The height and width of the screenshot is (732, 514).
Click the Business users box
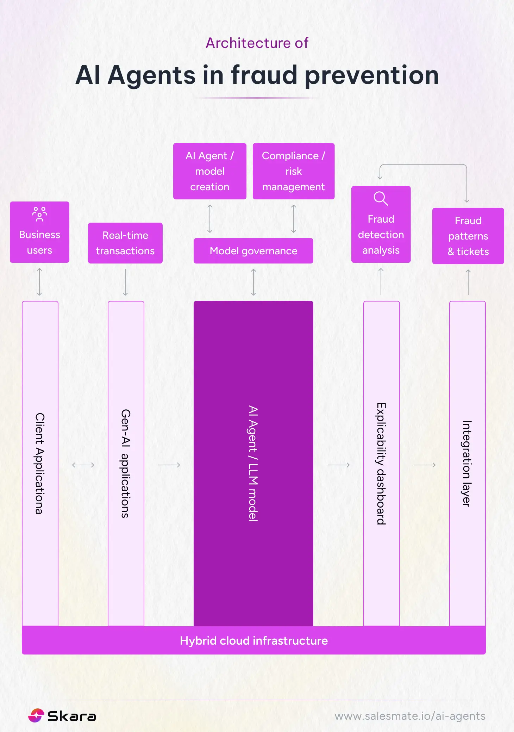39,232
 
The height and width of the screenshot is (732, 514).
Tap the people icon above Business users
39,214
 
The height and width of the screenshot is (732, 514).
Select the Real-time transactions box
125,243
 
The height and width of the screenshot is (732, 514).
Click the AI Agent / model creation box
210,171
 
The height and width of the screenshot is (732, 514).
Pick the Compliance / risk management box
294,171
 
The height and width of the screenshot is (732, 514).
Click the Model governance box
253,251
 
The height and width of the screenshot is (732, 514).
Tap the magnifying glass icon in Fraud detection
381,199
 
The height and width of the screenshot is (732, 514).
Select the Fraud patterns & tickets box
468,236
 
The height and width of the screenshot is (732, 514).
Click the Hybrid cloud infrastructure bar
253,640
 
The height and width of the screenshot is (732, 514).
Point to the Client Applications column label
40,463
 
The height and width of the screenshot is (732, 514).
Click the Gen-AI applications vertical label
126,463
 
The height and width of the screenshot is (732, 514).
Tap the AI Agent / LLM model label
253,463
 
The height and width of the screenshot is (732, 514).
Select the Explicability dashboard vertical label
381,463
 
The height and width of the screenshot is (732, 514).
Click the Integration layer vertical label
467,463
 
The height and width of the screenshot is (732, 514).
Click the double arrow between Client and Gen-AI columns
83,465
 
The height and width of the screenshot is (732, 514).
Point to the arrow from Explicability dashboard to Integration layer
425,465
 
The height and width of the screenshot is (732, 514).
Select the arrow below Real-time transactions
125,282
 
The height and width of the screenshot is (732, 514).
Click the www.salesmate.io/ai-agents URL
410,716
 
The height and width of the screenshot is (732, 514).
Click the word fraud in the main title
264,75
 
